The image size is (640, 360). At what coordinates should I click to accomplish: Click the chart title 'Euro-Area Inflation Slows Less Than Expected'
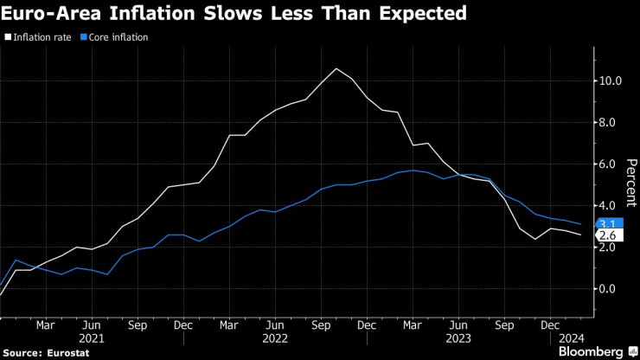click(x=235, y=14)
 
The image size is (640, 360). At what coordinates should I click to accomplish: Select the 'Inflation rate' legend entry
click(x=42, y=38)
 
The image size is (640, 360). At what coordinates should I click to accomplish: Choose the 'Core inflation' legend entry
click(x=118, y=38)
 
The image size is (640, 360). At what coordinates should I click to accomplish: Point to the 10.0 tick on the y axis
click(x=610, y=81)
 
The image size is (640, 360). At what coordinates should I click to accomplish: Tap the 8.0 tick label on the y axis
click(x=610, y=123)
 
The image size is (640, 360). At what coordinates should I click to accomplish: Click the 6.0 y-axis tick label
click(x=610, y=164)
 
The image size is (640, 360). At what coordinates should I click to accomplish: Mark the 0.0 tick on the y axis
click(x=610, y=289)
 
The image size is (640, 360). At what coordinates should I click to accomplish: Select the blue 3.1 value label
click(x=608, y=224)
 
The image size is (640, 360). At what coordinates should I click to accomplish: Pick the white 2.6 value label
click(x=608, y=235)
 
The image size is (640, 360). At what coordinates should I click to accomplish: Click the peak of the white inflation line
click(x=336, y=68)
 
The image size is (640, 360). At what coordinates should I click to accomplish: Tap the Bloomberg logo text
click(x=590, y=351)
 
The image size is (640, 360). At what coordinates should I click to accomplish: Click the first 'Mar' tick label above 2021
click(x=46, y=326)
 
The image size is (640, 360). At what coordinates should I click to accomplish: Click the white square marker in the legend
click(x=8, y=38)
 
